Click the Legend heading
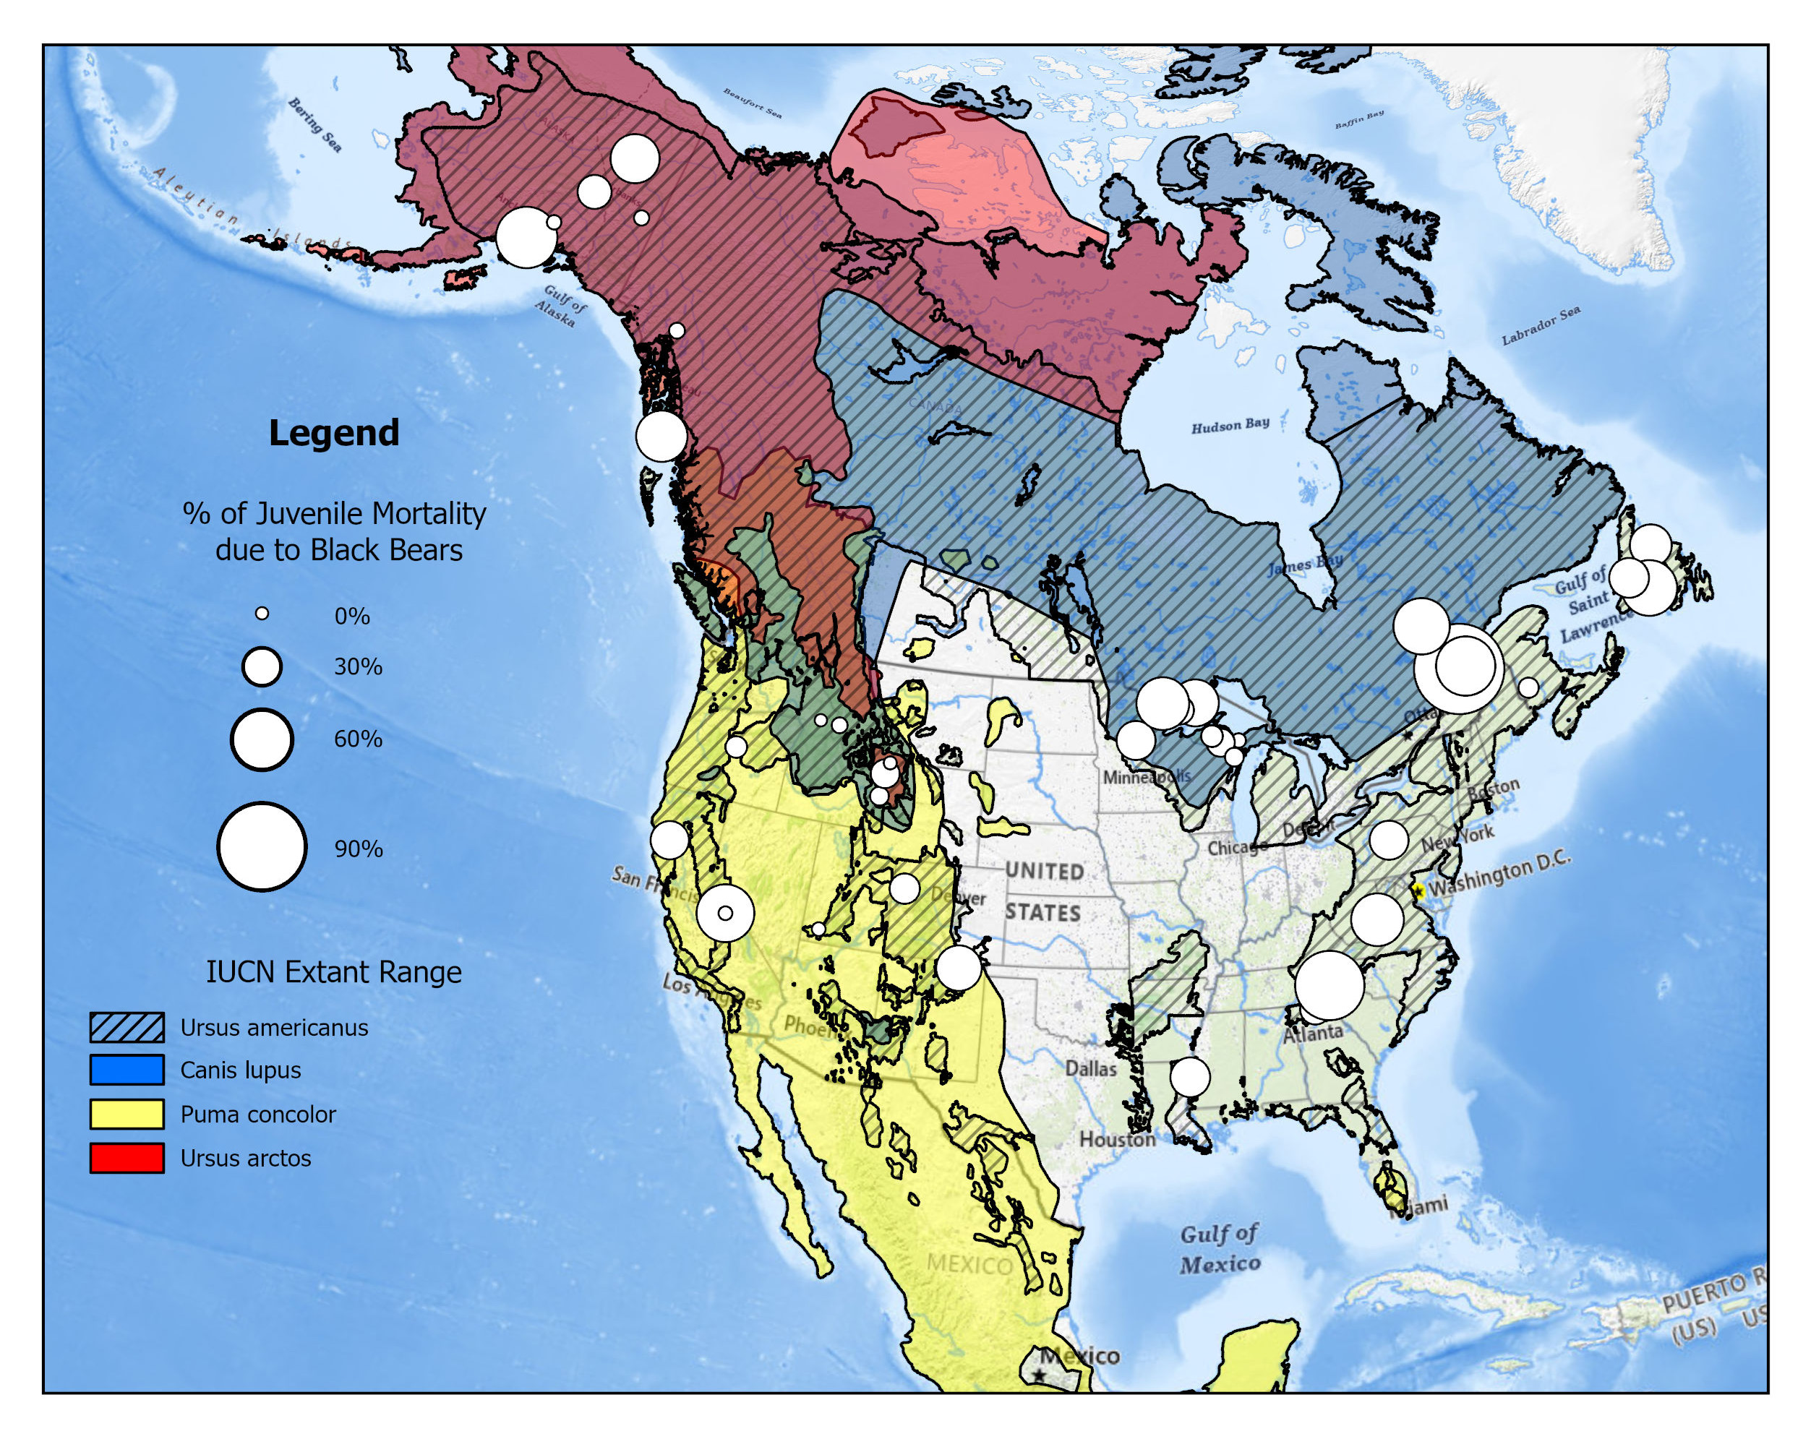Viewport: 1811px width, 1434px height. (x=333, y=433)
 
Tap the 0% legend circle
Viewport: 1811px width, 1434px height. (x=262, y=614)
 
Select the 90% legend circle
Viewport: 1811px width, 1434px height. (x=261, y=846)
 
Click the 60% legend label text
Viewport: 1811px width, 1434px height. (x=358, y=739)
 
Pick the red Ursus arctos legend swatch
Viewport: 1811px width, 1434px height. (x=127, y=1158)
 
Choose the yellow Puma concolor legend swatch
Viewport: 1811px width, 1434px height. (x=127, y=1114)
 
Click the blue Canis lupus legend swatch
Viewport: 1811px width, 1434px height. (x=127, y=1070)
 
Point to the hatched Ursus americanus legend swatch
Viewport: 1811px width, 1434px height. (x=127, y=1027)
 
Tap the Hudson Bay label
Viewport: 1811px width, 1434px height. (x=1230, y=425)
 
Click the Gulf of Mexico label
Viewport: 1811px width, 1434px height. (x=1220, y=1248)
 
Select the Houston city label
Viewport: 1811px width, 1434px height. (x=1117, y=1139)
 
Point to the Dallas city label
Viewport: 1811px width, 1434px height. (x=1091, y=1069)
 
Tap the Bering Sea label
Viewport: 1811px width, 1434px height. (x=315, y=125)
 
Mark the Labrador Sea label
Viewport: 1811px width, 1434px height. (x=1541, y=326)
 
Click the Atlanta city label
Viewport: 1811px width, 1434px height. (x=1312, y=1034)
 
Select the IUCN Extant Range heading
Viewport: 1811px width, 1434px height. (x=333, y=972)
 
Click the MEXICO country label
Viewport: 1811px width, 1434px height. (x=969, y=1264)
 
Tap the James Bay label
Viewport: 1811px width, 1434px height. (x=1305, y=564)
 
